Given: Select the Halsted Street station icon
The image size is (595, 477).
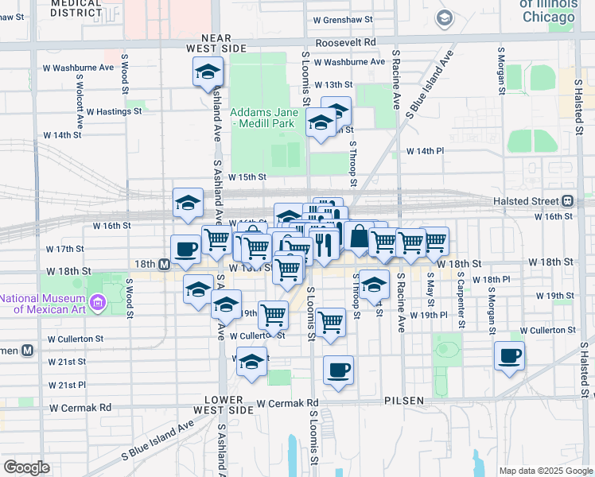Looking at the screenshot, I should pyautogui.click(x=569, y=201).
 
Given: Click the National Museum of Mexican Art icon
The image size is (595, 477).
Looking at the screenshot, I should pyautogui.click(x=99, y=302).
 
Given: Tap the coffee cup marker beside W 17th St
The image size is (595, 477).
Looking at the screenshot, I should pyautogui.click(x=185, y=249).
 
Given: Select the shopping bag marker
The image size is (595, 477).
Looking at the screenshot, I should pyautogui.click(x=359, y=236).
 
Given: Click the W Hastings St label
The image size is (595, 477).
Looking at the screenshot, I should pyautogui.click(x=114, y=112).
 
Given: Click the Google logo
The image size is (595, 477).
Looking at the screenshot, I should pyautogui.click(x=27, y=467).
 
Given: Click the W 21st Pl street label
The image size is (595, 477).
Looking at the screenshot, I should pyautogui.click(x=67, y=385).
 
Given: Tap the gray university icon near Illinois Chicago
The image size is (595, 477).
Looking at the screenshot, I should pyautogui.click(x=444, y=17).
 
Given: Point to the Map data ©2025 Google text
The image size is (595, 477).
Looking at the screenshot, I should pyautogui.click(x=545, y=471).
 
